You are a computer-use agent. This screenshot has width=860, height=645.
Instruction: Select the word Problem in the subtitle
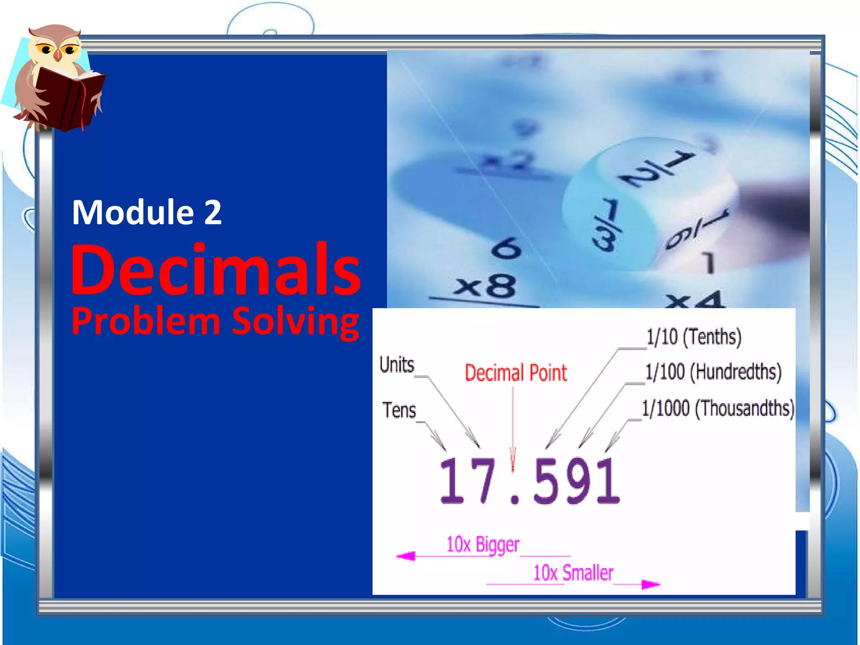coord(146,321)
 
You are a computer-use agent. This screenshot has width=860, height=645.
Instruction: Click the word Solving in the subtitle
coord(296,321)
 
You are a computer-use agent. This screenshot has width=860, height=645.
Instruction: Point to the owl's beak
coord(58,55)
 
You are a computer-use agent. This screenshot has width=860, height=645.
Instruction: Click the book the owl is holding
coord(69,99)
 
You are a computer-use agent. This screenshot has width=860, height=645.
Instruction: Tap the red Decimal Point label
coord(516,373)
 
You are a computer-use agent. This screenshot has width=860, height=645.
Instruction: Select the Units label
coord(397,364)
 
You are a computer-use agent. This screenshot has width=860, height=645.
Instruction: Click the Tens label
coord(399,410)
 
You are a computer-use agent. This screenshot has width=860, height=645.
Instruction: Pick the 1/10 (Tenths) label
coord(694,337)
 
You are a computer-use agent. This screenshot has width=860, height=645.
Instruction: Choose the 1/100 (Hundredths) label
coord(713,372)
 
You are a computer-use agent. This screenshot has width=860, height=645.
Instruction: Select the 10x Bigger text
coord(483,545)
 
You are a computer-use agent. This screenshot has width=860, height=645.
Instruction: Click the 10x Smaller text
coord(573,573)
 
